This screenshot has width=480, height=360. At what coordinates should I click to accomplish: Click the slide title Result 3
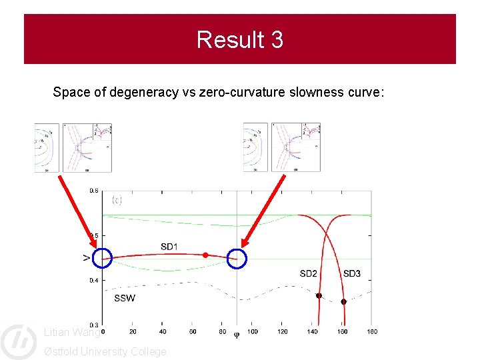(240, 40)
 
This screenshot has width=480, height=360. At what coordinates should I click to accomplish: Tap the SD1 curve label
(169, 247)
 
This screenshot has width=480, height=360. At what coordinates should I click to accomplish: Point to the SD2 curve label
(308, 273)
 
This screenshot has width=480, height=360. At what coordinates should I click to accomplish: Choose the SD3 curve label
(351, 273)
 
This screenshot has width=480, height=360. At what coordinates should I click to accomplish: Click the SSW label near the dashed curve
(124, 298)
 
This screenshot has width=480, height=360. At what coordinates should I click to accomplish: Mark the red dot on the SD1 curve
(205, 255)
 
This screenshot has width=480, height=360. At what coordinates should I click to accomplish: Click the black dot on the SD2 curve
(319, 295)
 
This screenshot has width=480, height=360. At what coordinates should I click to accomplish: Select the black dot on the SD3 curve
(343, 302)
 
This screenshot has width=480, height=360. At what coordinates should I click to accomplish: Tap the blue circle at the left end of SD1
(103, 258)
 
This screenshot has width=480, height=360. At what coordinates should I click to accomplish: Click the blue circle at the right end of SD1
(237, 259)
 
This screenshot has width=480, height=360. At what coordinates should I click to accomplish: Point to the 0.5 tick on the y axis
(94, 235)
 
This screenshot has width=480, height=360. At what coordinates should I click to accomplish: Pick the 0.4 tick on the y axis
(94, 281)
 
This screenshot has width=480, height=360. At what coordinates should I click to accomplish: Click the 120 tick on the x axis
(282, 331)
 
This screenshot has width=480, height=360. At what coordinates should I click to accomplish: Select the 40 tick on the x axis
(163, 331)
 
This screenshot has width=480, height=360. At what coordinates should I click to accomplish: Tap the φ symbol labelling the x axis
(236, 335)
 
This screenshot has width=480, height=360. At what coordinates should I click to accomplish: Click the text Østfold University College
(105, 351)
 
